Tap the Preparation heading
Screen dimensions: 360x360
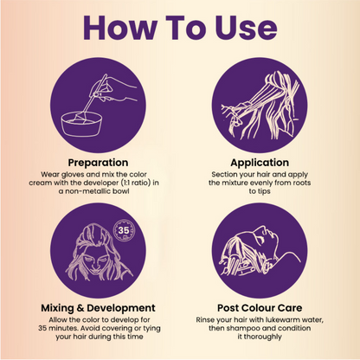tap(98, 163)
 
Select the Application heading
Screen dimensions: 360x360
tap(260, 163)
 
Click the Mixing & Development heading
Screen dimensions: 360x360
tap(98, 308)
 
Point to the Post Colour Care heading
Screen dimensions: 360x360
tap(260, 308)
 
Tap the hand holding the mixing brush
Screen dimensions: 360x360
tap(115, 89)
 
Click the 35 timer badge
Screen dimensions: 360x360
tap(124, 230)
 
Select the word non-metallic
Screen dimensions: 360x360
tap(89, 191)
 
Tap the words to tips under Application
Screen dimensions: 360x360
tap(260, 191)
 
